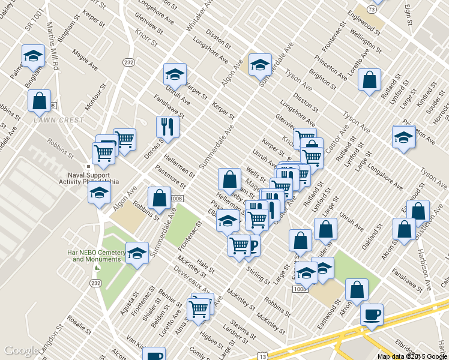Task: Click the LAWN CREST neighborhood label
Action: (58, 119)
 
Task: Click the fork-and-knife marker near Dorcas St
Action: (167, 127)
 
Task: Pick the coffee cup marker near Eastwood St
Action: (372, 315)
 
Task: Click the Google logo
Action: (22, 351)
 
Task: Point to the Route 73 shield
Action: (372, 10)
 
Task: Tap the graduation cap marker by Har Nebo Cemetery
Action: (137, 254)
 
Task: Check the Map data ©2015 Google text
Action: (412, 356)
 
